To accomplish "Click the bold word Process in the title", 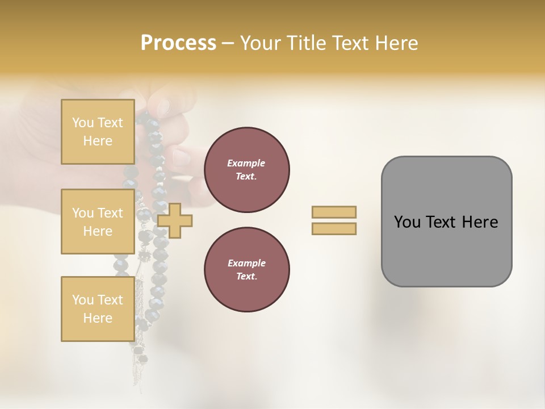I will tap(178, 43).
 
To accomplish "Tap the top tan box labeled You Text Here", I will tap(98, 132).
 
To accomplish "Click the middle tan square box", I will tap(98, 222).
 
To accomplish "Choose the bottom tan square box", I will tap(98, 308).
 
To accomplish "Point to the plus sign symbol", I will tap(175, 220).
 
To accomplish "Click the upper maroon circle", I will tap(246, 170).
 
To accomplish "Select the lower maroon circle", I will tap(246, 270).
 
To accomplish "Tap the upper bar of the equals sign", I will tap(334, 212).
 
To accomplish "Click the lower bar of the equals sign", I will tap(334, 229).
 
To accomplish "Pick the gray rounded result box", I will tap(446, 221).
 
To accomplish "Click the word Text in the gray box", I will tap(443, 222).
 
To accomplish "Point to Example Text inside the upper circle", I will tap(246, 170).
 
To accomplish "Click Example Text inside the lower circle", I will tap(246, 270).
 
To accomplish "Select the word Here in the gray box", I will tap(480, 222).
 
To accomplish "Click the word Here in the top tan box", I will tap(98, 141).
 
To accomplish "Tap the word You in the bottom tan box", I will tap(83, 299).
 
